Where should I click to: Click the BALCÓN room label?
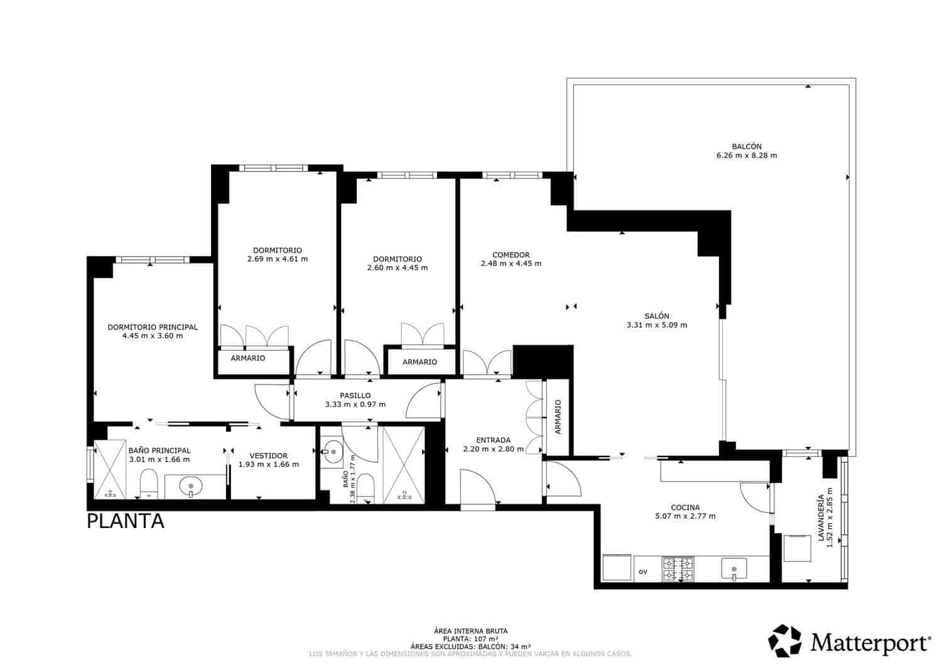(x=746, y=146)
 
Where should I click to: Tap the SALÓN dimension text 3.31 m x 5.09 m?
(x=656, y=325)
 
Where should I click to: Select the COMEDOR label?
(x=510, y=255)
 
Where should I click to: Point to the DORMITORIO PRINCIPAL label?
(x=153, y=327)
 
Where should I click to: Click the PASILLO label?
(x=355, y=395)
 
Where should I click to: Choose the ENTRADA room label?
(x=493, y=440)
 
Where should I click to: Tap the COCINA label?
(x=685, y=507)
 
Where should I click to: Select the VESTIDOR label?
(x=268, y=456)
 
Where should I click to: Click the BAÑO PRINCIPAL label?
(x=159, y=450)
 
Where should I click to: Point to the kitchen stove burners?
(x=678, y=569)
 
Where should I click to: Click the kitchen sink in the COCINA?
(x=734, y=569)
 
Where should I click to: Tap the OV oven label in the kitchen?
(x=642, y=572)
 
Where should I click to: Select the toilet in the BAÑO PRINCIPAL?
(x=148, y=485)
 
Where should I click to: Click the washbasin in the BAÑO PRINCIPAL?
(x=190, y=486)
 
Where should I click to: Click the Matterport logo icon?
(x=785, y=641)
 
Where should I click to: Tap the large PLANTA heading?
(x=126, y=521)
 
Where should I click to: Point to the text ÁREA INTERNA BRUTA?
(x=470, y=631)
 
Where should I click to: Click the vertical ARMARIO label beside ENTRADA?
(x=558, y=416)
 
